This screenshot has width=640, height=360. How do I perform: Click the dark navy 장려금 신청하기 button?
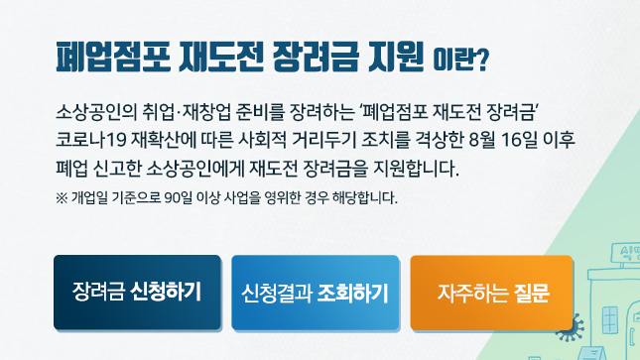(x=137, y=293)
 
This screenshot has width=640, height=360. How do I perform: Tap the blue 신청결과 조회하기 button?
(x=315, y=293)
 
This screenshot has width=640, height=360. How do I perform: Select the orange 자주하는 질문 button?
(x=492, y=293)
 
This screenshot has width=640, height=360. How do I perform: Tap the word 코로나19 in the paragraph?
(x=90, y=136)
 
